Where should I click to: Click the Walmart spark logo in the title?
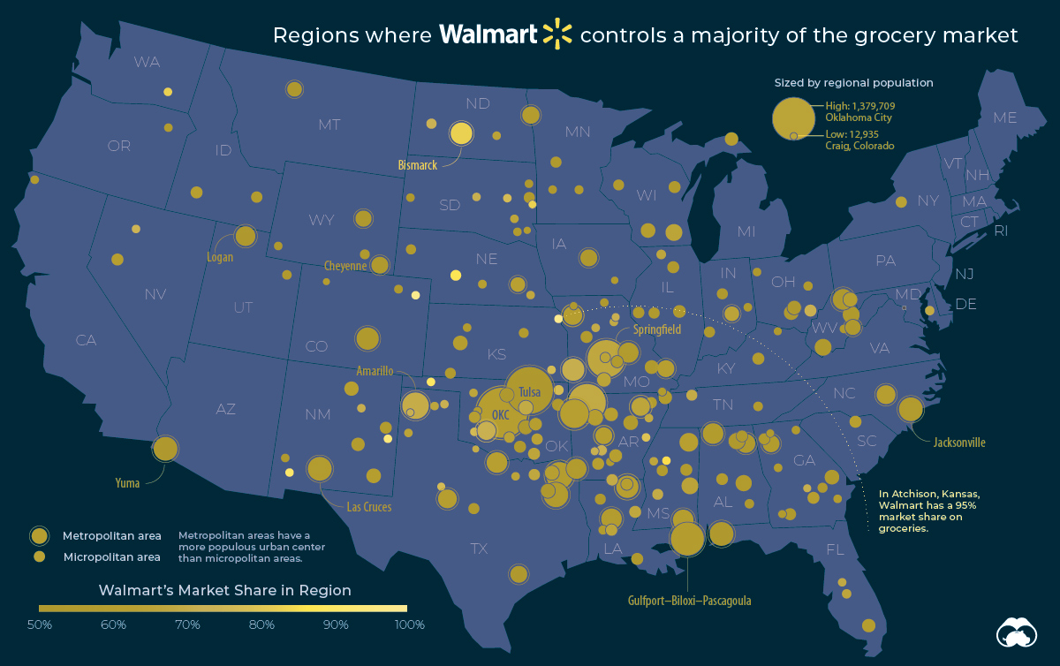pos(557,34)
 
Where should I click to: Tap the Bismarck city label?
pos(417,165)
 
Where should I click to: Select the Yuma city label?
pos(127,483)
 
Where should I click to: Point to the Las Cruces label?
pos(369,507)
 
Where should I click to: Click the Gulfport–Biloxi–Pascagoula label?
pos(690,601)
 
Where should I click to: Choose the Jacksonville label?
pos(959,443)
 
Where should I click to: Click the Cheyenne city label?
pos(345,266)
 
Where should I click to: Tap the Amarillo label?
pos(375,371)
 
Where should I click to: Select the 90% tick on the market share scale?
pos(336,624)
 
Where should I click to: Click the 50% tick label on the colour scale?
pos(39,624)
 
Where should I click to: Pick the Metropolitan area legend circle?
pos(39,536)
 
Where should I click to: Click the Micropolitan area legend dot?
pos(39,556)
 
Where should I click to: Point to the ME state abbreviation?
pos(1004,117)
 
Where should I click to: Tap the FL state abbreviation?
pos(835,549)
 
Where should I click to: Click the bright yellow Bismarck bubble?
pos(461,133)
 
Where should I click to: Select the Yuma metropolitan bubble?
pos(165,448)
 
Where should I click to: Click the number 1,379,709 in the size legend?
pos(874,106)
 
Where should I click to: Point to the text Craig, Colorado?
pos(859,146)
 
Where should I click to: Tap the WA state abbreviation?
pos(147,62)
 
